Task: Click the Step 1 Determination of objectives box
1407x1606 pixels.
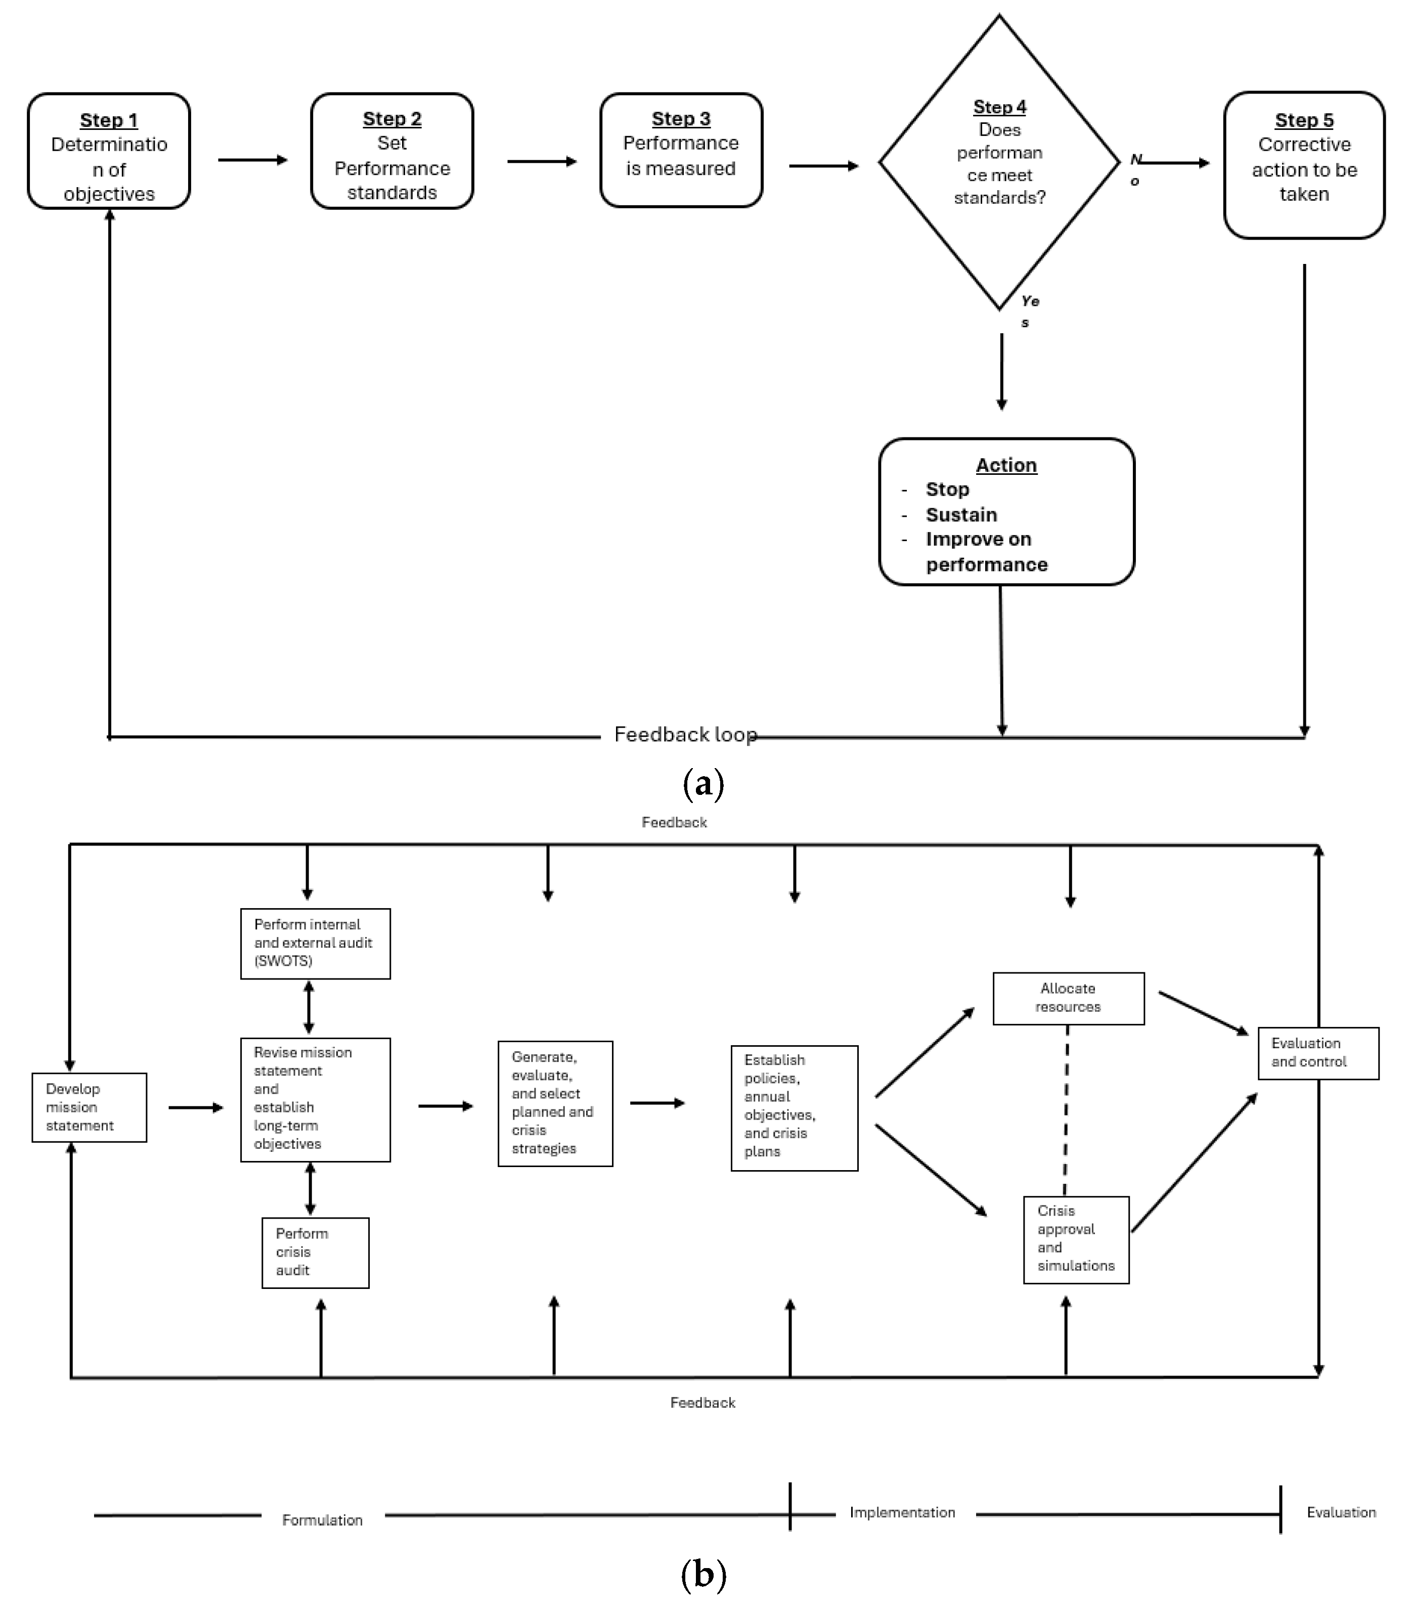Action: click(109, 152)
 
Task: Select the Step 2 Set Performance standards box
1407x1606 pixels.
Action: click(392, 152)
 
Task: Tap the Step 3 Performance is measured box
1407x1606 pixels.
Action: click(681, 150)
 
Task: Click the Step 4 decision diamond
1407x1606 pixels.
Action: click(999, 162)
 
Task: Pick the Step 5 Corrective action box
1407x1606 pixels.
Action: click(1304, 165)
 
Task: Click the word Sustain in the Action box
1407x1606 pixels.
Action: click(961, 515)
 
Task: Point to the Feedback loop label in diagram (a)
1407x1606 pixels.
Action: click(685, 735)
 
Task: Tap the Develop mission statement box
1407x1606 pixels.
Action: click(89, 1107)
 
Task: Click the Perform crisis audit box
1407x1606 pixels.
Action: click(315, 1253)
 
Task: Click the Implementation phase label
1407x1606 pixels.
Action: click(902, 1512)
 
